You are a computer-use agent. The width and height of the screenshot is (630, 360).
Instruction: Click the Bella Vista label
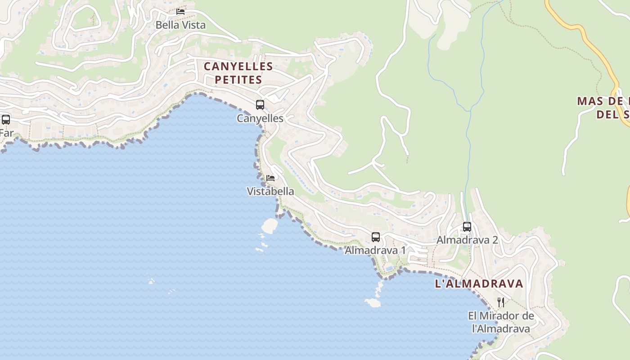[180, 25]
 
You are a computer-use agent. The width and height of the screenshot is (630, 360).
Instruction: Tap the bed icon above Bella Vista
[180, 11]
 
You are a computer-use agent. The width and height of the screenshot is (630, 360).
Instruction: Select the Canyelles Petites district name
[238, 73]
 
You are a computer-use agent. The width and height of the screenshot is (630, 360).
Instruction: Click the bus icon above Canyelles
[260, 105]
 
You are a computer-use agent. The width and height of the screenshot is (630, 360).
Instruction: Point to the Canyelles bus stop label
[260, 118]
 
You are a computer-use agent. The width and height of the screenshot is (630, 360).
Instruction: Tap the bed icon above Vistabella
[270, 178]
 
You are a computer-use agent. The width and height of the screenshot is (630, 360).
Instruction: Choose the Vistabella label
[270, 191]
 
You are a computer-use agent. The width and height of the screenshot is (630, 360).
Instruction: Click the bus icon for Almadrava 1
[376, 237]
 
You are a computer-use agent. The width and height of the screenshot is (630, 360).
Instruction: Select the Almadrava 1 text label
[376, 250]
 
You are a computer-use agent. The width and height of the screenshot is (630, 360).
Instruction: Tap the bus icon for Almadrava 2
[467, 226]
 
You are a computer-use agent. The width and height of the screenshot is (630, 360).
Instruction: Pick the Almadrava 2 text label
[467, 240]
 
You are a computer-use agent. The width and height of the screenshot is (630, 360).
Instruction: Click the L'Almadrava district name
[479, 284]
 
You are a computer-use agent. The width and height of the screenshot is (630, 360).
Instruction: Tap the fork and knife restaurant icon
[501, 302]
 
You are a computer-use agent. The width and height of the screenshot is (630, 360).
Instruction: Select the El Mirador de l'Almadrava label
[501, 322]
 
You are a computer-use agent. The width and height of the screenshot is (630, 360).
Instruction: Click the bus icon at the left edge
[6, 120]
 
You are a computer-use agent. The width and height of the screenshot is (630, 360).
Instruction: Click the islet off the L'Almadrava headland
[373, 303]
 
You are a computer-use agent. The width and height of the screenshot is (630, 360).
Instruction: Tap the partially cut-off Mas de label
[603, 107]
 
